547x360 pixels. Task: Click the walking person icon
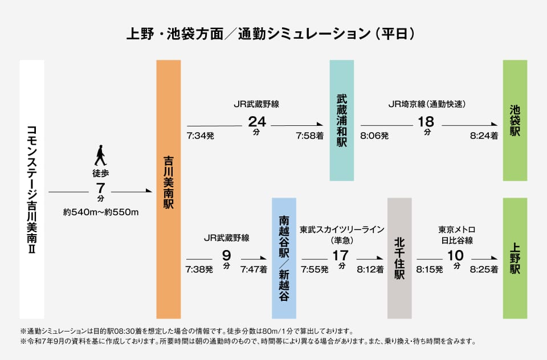click(x=100, y=156)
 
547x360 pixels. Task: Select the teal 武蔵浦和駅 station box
click(x=342, y=120)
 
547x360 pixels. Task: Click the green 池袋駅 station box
click(x=515, y=120)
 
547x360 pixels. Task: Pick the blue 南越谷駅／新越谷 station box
click(x=284, y=258)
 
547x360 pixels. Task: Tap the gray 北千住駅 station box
click(x=399, y=258)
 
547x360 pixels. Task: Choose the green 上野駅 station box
click(x=515, y=258)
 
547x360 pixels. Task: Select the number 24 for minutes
click(x=257, y=122)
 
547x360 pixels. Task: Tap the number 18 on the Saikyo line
click(x=426, y=122)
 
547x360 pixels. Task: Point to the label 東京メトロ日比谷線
click(x=456, y=235)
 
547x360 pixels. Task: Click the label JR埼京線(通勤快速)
click(x=427, y=104)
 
